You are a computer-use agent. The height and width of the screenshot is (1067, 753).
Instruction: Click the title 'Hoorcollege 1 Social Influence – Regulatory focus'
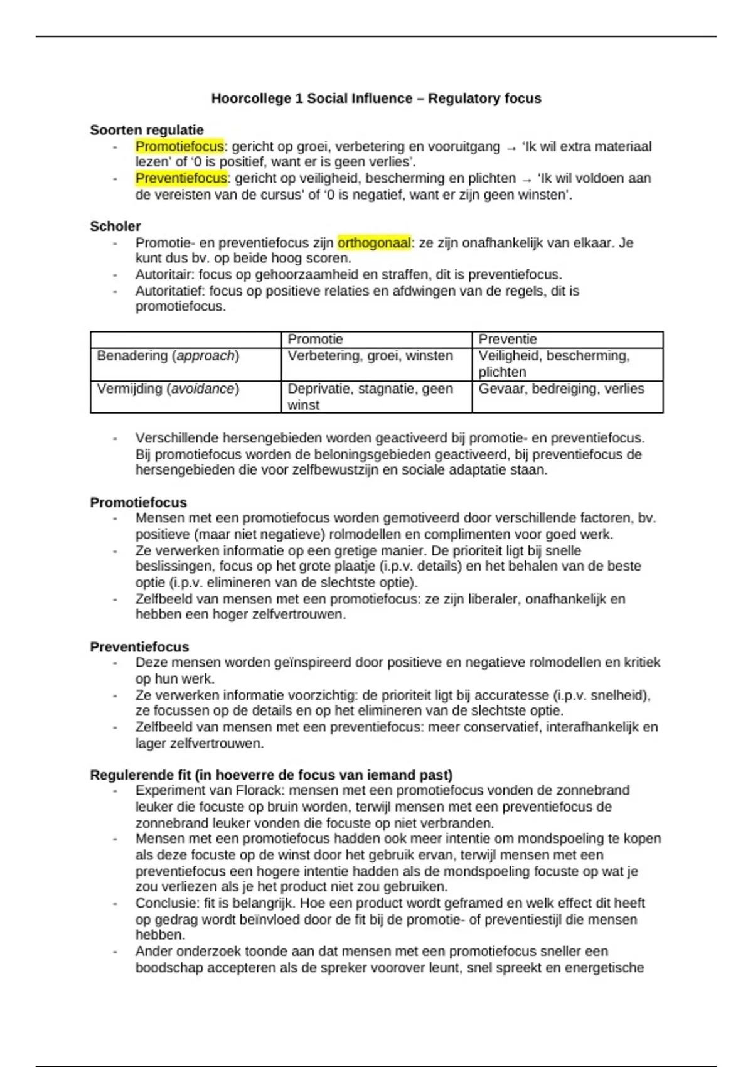tap(376, 99)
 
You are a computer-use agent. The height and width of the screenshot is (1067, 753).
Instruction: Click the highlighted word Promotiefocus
tap(179, 146)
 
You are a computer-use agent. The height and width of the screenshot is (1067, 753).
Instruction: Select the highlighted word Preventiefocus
tap(181, 178)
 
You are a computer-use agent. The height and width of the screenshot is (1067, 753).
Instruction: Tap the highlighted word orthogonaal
tap(374, 242)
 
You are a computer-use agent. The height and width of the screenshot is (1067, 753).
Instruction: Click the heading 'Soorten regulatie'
tap(147, 130)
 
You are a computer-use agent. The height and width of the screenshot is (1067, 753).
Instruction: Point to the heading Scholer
tap(115, 226)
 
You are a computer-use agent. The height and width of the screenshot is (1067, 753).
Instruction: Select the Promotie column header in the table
tap(315, 340)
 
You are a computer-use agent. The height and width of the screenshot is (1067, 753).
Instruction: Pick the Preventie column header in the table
tap(508, 340)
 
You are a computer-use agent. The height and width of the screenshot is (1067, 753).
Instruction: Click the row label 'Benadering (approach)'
tap(168, 356)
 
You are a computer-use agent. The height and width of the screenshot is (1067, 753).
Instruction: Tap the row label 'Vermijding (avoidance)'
tap(168, 389)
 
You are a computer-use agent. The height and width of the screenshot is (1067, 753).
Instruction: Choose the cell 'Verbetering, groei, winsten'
tap(370, 356)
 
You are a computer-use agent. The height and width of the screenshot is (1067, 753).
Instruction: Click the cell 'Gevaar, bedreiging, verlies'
tap(561, 389)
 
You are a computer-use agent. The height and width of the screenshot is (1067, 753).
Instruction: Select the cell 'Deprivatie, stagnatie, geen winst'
tap(370, 396)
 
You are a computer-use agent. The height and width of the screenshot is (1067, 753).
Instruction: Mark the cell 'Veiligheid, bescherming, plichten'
tap(553, 363)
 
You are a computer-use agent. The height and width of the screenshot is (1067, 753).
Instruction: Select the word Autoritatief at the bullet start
tap(169, 291)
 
